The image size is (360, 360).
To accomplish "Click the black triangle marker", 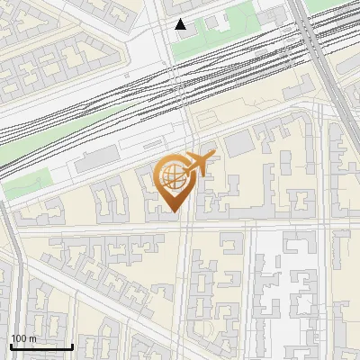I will coord(181,24).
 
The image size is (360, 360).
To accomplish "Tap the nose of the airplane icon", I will coord(213,154).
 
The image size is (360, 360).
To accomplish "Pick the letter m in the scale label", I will coord(32,338).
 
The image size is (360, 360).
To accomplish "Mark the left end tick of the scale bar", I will coord(10,346).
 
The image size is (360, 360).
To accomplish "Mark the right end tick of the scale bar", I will coord(72,346).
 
